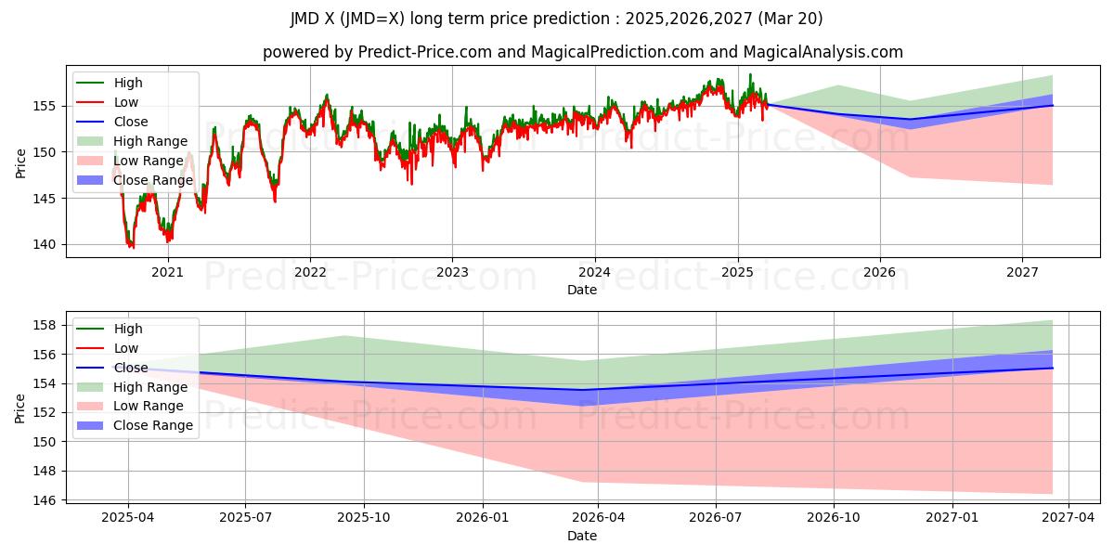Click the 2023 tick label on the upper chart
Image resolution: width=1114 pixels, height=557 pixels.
tap(452, 272)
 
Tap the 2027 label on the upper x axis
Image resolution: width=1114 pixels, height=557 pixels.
tap(1022, 272)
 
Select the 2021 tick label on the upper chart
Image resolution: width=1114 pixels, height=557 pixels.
tap(167, 272)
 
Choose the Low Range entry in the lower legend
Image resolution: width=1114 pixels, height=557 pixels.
tap(149, 406)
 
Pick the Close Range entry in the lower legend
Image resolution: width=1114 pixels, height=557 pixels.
tap(152, 425)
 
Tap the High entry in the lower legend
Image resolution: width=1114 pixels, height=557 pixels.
tap(128, 329)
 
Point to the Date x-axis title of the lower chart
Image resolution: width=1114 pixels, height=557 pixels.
tap(582, 536)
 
